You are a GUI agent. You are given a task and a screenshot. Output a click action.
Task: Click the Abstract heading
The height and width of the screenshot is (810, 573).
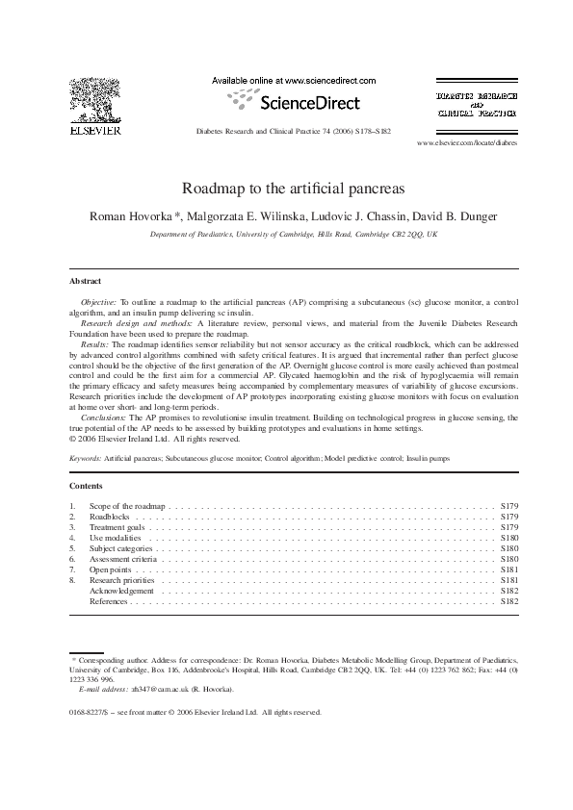[x=86, y=281]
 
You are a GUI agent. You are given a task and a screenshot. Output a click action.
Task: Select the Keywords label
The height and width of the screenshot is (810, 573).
[x=86, y=459]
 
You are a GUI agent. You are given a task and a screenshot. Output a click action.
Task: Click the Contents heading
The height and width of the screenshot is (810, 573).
[x=87, y=486]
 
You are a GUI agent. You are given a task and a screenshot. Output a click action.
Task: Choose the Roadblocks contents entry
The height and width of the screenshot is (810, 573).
[x=109, y=517]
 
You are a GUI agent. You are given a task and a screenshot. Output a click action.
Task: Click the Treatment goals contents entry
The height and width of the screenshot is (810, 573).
[x=117, y=527]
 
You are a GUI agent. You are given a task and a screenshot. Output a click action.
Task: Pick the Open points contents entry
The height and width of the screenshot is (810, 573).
[x=110, y=570]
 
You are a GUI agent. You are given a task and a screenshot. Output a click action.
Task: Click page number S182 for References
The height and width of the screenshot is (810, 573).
[x=509, y=601]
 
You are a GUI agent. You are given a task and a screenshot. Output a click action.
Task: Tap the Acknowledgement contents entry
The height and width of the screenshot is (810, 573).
[x=121, y=591]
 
